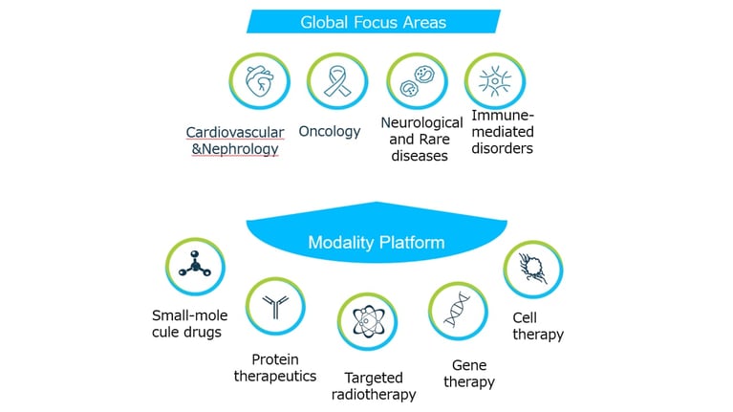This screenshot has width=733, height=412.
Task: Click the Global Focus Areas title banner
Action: (374, 22)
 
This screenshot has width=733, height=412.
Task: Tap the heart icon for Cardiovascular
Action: (259, 81)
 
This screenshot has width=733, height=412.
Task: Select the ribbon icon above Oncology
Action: (337, 81)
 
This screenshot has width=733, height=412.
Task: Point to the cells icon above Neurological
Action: (417, 81)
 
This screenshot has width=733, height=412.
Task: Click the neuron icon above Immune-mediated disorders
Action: (495, 81)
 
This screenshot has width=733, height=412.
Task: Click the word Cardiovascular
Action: (235, 132)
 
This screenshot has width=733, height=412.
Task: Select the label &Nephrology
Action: (235, 149)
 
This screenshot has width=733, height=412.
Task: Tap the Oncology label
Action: (330, 131)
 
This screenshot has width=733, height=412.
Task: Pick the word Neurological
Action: (421, 123)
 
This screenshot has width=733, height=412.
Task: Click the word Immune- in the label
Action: (503, 115)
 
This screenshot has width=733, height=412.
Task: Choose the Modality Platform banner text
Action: (377, 242)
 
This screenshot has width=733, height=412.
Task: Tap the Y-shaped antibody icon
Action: (275, 306)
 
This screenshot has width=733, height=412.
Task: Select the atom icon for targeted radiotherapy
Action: (367, 322)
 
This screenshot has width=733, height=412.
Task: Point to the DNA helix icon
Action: (458, 311)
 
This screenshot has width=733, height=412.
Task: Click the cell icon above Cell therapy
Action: (533, 270)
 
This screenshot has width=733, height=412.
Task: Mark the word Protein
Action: (275, 359)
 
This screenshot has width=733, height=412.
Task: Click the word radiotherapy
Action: (374, 395)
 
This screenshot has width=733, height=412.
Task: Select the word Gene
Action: (469, 365)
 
